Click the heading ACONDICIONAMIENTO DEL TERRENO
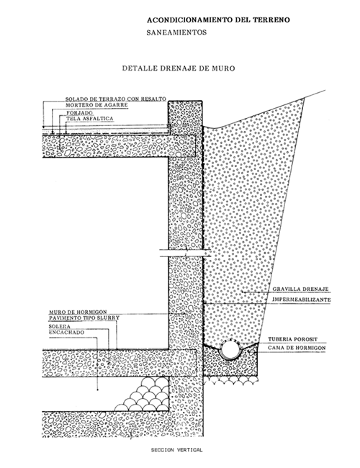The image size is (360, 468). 218,20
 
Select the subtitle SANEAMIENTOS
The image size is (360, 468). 176,32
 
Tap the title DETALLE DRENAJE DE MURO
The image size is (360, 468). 179,68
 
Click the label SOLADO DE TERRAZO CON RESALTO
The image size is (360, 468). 116,99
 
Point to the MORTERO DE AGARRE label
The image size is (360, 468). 96,105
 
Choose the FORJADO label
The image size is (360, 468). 79,113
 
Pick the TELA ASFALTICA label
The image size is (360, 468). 90,119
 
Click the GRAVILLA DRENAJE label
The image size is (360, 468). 300,289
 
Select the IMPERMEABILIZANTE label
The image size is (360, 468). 302,300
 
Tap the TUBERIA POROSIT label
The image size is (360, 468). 292,339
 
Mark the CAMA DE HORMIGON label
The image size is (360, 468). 297,348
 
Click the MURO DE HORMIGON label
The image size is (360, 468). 78,312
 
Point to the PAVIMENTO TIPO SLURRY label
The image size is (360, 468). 84,318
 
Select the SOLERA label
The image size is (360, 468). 60,327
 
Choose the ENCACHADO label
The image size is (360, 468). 66,333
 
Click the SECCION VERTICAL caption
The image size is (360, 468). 176,450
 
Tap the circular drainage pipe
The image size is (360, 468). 230,349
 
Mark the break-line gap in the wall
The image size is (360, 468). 185,253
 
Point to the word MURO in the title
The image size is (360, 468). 224,68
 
